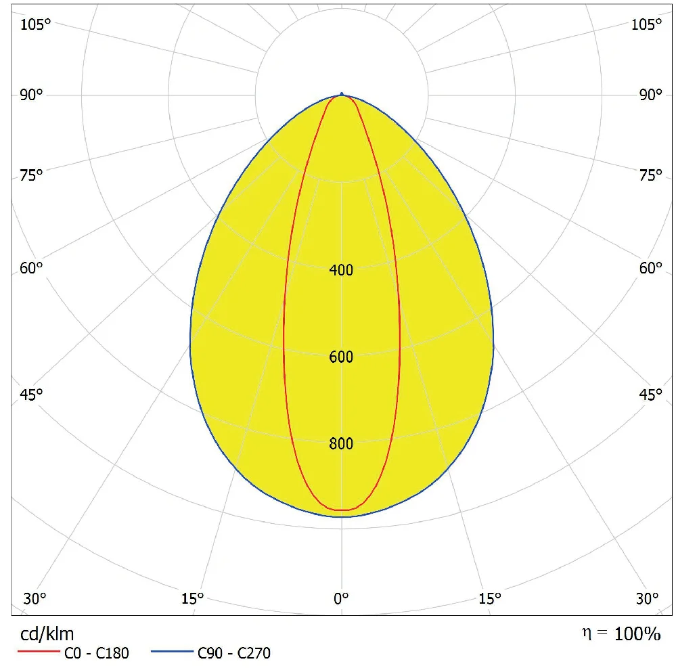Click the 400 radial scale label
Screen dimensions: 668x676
click(x=341, y=271)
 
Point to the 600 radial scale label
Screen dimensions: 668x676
click(x=341, y=357)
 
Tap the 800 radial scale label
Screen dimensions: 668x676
click(x=341, y=444)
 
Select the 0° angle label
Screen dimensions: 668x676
click(x=341, y=598)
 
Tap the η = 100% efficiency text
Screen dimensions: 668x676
click(x=621, y=633)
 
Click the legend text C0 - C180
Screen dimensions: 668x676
click(x=95, y=653)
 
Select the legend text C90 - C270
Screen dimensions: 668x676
click(x=234, y=653)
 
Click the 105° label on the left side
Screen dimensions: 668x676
click(x=36, y=25)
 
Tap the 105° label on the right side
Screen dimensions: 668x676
click(x=647, y=25)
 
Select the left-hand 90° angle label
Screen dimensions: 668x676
click(x=31, y=95)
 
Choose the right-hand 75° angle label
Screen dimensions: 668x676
click(x=650, y=176)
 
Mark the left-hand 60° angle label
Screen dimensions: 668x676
click(x=31, y=268)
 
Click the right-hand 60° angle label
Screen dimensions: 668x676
click(x=650, y=268)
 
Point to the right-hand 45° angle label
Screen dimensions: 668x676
click(x=650, y=395)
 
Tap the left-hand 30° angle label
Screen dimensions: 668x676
click(x=35, y=598)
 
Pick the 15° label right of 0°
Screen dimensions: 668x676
click(x=490, y=598)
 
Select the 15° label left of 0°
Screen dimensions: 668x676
click(x=192, y=598)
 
